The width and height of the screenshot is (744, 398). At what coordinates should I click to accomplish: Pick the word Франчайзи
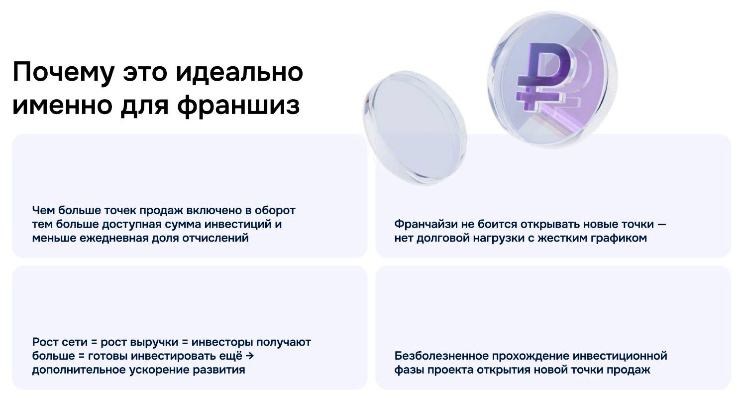coord(424,224)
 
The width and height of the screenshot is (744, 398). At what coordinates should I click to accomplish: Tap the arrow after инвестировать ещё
coord(250,356)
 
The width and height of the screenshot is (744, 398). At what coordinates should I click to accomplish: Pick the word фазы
coord(408,370)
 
